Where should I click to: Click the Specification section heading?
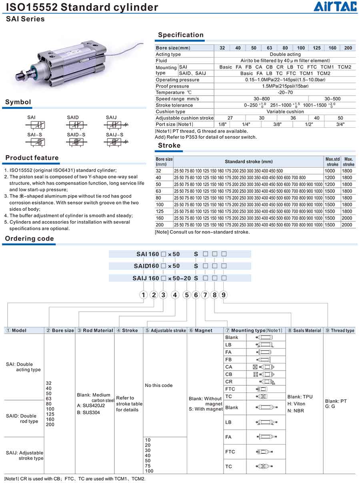click(x=180, y=35)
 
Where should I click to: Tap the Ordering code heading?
click(x=29, y=238)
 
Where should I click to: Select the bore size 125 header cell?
click(x=316, y=48)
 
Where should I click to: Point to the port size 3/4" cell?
click(x=340, y=124)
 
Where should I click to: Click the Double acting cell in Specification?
click(x=285, y=54)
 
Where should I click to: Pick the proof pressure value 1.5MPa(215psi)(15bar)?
click(x=285, y=86)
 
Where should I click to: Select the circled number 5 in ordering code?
click(x=186, y=295)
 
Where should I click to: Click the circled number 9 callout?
click(x=224, y=295)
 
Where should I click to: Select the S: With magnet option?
click(x=206, y=409)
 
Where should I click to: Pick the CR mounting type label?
click(x=229, y=382)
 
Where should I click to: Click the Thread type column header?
click(x=342, y=331)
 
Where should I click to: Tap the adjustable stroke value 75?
click(x=149, y=466)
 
